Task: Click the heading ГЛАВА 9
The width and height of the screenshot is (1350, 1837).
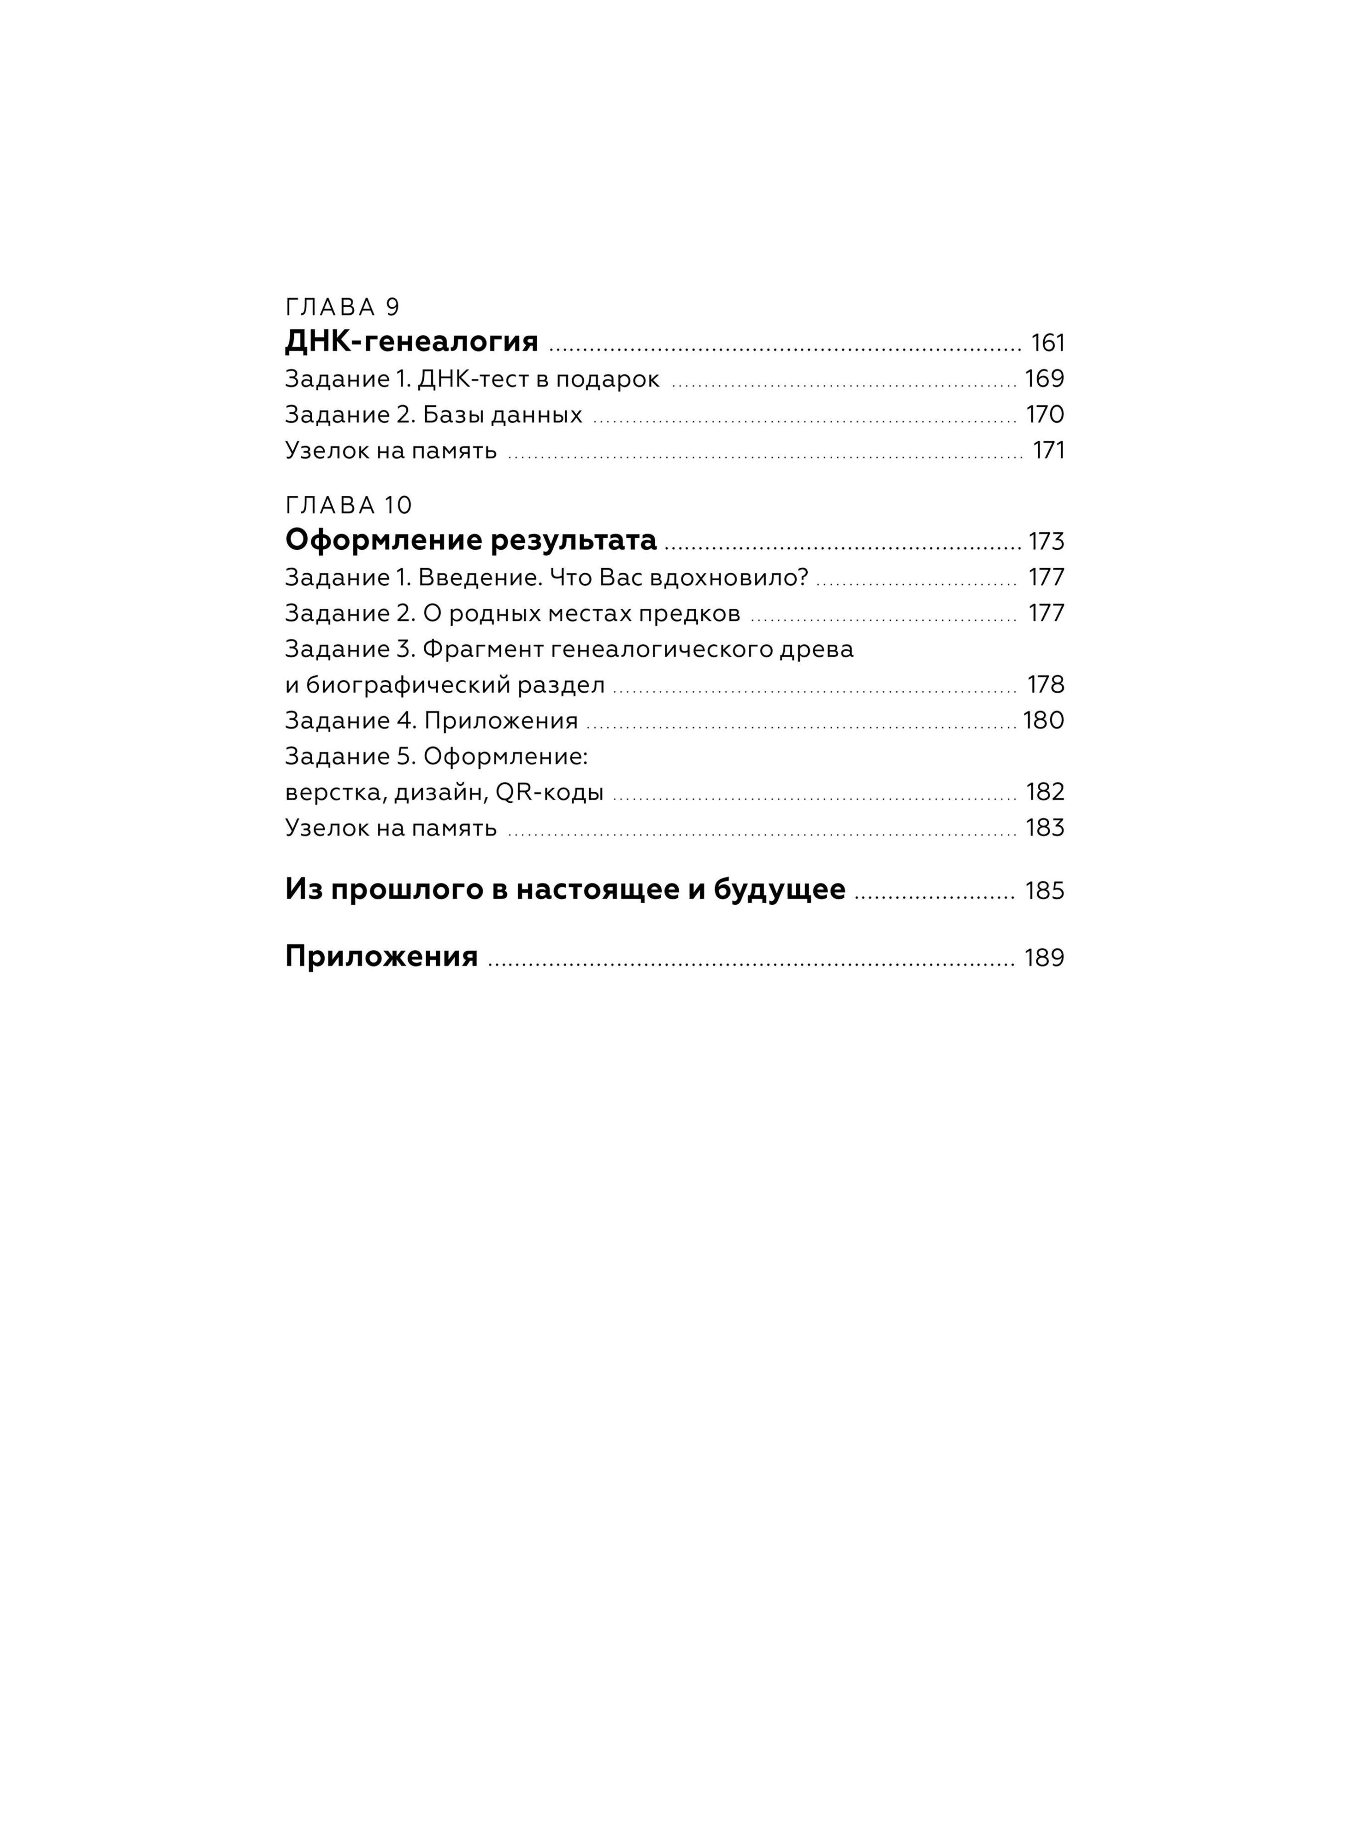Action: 343,307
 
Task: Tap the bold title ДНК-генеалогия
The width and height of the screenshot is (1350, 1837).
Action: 411,342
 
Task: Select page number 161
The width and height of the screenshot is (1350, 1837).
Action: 1048,343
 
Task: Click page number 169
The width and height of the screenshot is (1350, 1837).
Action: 1044,379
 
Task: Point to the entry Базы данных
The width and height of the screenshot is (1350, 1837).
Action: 502,415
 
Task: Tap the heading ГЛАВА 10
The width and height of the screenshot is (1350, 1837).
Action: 349,506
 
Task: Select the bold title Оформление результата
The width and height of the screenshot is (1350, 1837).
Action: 471,540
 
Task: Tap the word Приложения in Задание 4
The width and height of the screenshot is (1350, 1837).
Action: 501,721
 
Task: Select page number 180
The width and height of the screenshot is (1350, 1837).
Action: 1044,721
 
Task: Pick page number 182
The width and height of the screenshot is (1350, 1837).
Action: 1045,793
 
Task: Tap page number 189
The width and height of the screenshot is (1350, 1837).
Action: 1044,958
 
